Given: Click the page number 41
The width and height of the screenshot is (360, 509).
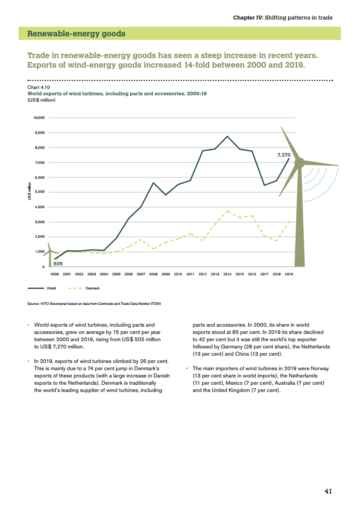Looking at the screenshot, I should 328,491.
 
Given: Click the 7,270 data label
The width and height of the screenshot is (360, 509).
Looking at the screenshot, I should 284,155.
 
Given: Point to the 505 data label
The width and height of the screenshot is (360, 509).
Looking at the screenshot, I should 58,263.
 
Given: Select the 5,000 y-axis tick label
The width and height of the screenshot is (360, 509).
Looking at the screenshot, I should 39,192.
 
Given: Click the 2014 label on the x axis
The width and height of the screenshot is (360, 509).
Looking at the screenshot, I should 227,274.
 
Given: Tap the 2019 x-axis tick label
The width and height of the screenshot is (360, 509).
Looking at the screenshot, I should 289,274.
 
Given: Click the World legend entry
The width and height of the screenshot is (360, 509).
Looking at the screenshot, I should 51,288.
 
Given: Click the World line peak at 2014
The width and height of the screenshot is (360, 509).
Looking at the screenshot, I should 227,136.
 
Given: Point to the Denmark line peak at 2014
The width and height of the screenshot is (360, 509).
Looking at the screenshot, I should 227,211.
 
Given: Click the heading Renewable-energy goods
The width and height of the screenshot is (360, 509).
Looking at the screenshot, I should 76,34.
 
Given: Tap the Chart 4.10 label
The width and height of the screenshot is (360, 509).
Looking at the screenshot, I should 39,86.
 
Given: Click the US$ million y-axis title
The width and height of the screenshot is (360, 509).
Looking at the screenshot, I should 29,191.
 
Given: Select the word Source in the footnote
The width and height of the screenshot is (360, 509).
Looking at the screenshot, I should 35,303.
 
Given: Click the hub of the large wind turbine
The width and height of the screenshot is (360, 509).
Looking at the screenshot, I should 300,162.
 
